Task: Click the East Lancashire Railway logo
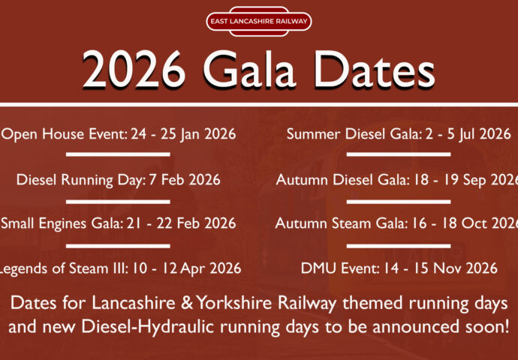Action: [x=259, y=22]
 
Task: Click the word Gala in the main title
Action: [x=249, y=70]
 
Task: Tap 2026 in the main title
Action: [x=134, y=70]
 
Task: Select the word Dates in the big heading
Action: [x=375, y=70]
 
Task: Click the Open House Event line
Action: [x=119, y=134]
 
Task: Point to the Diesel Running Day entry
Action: [x=119, y=180]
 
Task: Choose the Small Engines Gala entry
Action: [x=119, y=223]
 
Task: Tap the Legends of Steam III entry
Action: [x=120, y=268]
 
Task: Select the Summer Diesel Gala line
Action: [x=399, y=134]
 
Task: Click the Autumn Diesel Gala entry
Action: [x=397, y=180]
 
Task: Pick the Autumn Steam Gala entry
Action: [x=396, y=223]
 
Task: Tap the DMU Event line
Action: [x=399, y=268]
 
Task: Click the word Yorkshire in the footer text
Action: [x=234, y=304]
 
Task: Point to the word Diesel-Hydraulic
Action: [x=149, y=327]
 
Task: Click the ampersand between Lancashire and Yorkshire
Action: [x=187, y=304]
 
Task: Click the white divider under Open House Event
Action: [x=118, y=154]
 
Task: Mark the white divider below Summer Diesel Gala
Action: [x=399, y=154]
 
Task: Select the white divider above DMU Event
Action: [x=399, y=246]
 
